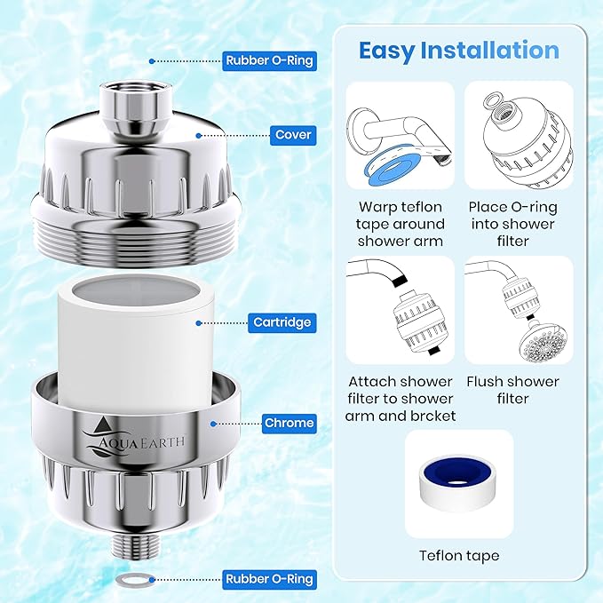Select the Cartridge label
pos(281,322)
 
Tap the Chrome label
pos(288,423)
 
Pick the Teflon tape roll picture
pos(458,484)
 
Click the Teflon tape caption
pos(459,556)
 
